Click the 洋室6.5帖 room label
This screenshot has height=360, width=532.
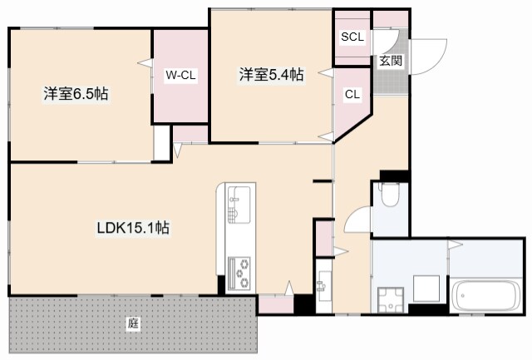pos(76,94)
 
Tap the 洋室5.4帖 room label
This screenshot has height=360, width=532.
pos(272,75)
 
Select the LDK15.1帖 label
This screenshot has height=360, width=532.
pos(133,228)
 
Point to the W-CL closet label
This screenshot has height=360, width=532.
pos(180,75)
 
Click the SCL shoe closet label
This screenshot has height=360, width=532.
pos(352,37)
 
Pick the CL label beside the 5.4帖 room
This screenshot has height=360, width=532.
pos(352,94)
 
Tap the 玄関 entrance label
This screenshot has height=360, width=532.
pos(391,61)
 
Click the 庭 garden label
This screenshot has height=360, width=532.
pos(133,323)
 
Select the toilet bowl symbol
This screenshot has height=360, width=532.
pos(390,195)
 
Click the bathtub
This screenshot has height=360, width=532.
pos(485,295)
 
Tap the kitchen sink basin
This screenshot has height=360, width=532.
pos(239,205)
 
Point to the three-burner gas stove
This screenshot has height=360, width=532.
pos(239,274)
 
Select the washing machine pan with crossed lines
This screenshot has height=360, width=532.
pos(391,300)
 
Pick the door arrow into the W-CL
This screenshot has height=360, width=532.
pos(145,63)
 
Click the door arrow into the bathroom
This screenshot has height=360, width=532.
pos(456,244)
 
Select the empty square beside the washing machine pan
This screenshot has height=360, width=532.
pos(426,288)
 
